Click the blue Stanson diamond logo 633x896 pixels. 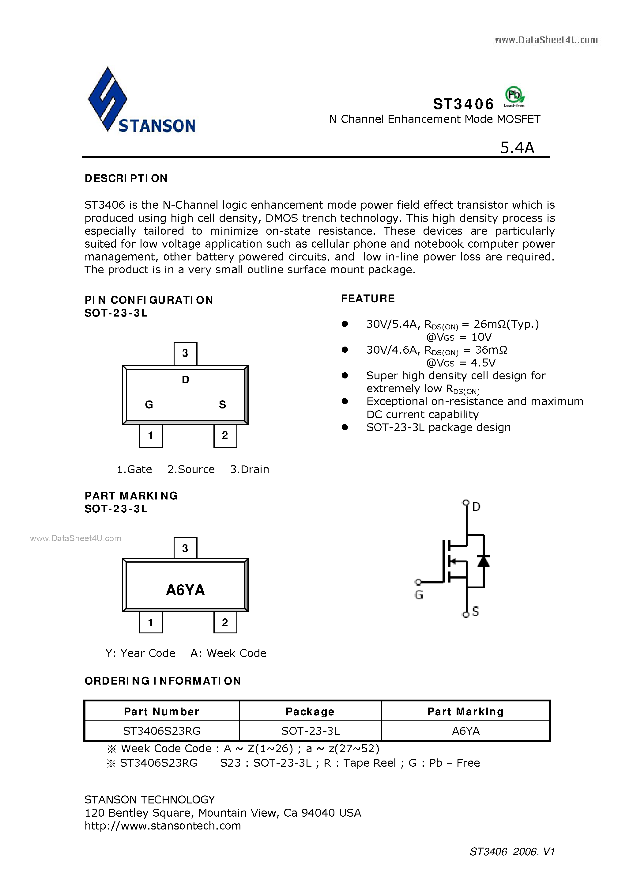107,99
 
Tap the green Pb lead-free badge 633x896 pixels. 514,96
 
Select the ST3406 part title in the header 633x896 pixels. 463,104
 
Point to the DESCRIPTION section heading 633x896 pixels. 126,178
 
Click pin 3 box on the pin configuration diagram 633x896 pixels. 185,354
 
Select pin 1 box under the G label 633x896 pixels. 151,435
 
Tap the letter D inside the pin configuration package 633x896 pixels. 186,380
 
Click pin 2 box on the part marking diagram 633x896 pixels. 225,622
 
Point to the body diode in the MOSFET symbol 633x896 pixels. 483,561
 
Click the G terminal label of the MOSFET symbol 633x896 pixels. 419,595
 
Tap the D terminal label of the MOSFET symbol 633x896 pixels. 476,507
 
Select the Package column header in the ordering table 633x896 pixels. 310,712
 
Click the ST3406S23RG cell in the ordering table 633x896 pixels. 161,731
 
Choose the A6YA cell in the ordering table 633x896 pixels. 466,731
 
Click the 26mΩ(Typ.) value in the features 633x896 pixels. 506,324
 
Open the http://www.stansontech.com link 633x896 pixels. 163,825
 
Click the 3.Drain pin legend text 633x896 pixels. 250,469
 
